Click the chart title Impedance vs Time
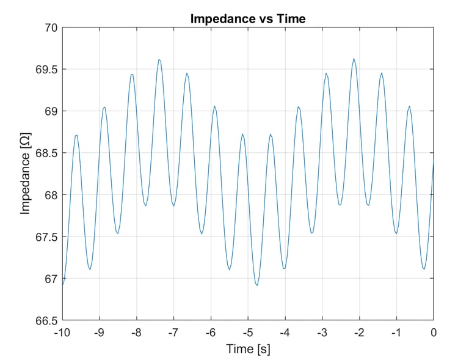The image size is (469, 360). (247, 19)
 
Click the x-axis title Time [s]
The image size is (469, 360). (247, 349)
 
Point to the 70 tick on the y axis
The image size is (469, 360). (50, 28)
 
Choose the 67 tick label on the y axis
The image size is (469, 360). (50, 279)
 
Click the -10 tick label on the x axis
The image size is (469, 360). (62, 332)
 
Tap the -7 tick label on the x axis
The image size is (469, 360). (173, 332)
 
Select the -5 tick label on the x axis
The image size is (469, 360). (247, 332)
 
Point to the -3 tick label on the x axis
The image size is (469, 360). (322, 332)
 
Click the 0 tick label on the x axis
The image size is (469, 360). (434, 332)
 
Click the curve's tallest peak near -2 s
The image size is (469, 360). (354, 59)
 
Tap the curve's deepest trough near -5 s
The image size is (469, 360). (256, 285)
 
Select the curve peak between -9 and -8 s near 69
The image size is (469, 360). (104, 107)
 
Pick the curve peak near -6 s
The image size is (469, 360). (214, 106)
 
